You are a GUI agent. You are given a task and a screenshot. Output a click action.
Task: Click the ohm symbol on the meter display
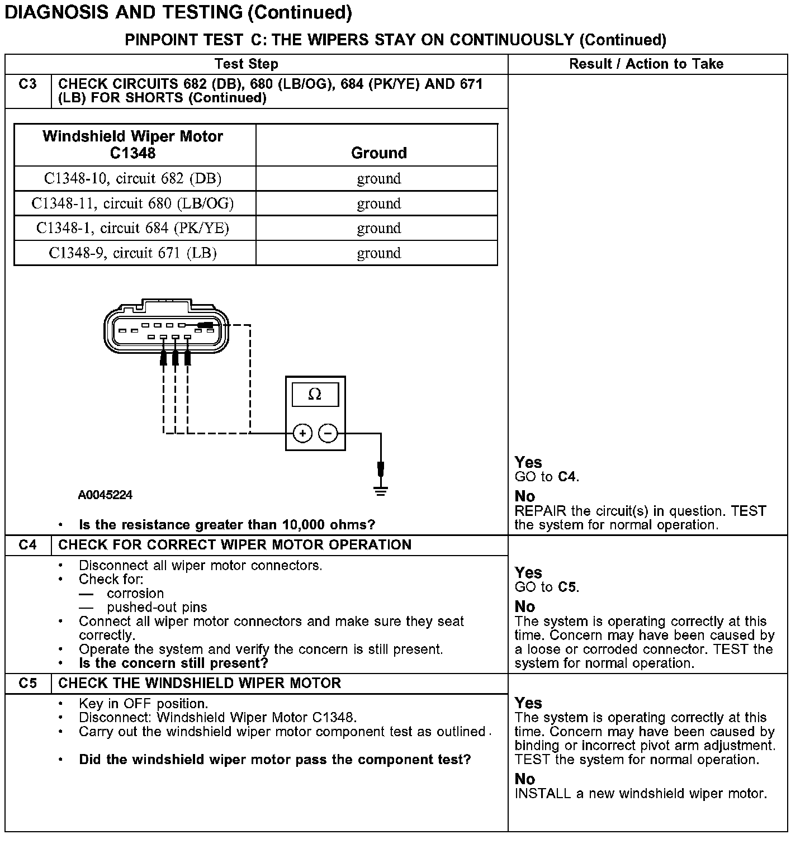pos(315,395)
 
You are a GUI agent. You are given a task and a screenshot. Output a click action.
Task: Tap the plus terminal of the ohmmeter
pos(302,433)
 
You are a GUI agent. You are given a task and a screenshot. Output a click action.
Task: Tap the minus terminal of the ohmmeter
pos(328,433)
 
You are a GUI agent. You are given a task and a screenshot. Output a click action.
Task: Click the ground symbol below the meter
pos(381,491)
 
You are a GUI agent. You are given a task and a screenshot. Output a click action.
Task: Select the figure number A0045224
pos(105,495)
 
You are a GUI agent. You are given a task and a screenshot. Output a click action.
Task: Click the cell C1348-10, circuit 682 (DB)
pos(133,179)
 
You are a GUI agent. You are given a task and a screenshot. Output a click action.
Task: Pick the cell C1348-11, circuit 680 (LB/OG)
pos(133,203)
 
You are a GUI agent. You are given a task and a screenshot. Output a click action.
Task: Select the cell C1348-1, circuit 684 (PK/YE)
pos(133,228)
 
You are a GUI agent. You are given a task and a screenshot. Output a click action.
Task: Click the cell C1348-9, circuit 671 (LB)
pos(133,253)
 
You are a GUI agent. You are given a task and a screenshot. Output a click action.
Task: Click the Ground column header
pos(378,153)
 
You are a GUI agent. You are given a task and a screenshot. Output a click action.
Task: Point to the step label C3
pos(27,84)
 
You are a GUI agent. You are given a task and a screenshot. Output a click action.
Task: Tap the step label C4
pos(27,545)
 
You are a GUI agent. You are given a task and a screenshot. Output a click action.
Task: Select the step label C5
pos(27,683)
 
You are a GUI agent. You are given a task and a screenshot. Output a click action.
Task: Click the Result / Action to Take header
pos(646,64)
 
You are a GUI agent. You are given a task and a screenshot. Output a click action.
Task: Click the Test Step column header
pos(247,64)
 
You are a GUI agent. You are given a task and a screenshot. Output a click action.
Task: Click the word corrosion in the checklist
pos(135,594)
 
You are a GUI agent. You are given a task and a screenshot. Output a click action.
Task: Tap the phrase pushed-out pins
pos(157,608)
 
